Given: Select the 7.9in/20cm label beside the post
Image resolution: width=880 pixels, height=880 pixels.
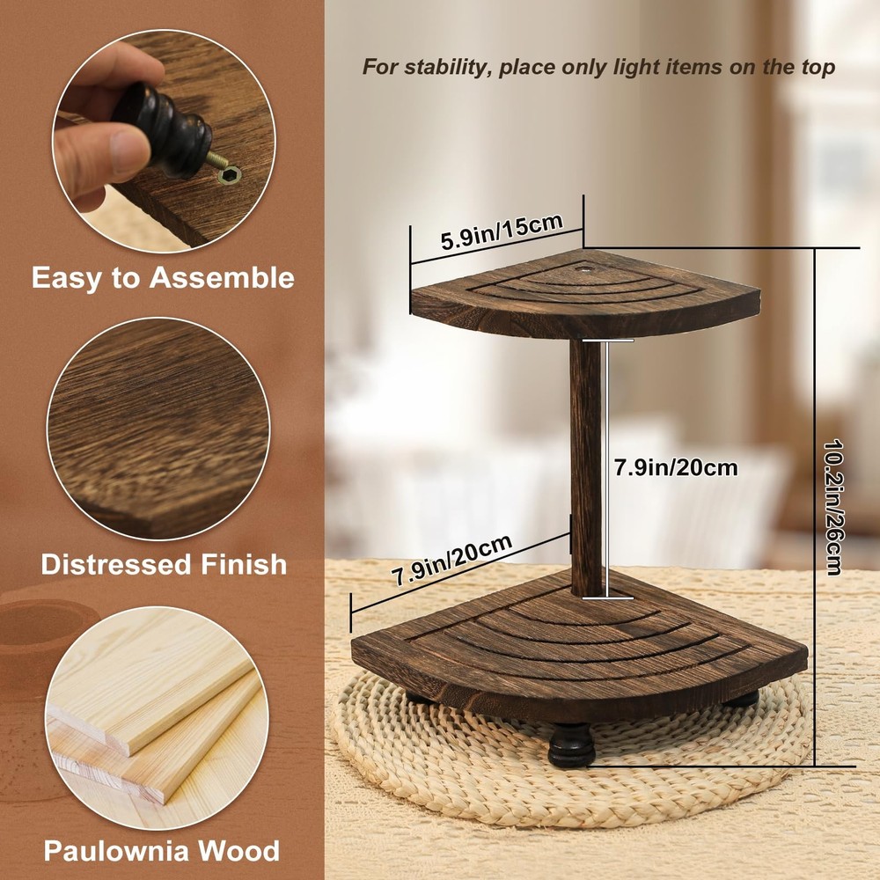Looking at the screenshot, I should [675, 467].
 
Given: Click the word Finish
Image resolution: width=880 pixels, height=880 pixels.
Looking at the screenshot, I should [242, 564].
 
